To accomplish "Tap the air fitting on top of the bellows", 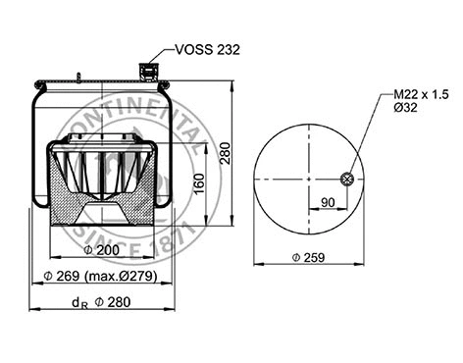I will tap(150, 72).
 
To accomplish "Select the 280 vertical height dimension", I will tap(225, 152).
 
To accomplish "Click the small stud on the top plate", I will tap(77, 76).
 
